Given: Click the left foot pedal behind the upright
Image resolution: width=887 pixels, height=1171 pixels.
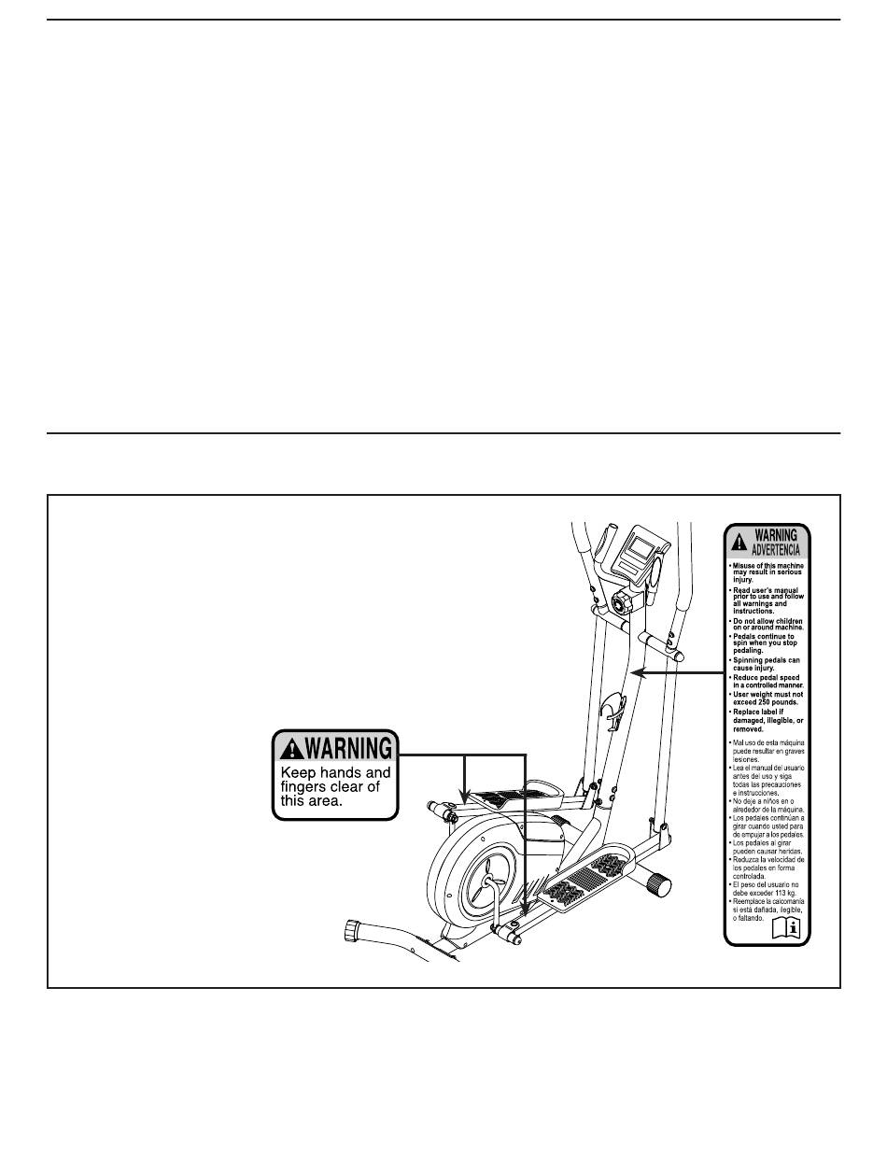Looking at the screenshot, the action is point(504,798).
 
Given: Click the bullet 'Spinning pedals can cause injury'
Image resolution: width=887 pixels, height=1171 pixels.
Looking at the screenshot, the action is point(767,665).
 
